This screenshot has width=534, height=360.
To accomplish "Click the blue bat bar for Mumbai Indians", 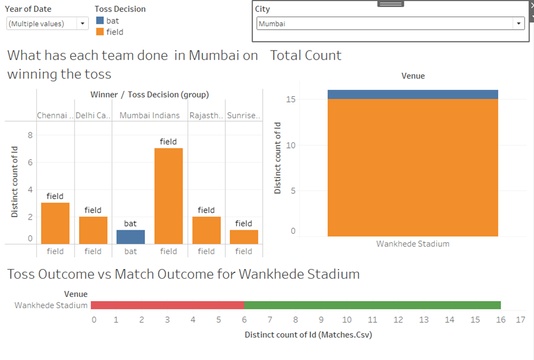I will tap(131, 237).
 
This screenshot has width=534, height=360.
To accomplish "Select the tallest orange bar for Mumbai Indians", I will tap(168, 196).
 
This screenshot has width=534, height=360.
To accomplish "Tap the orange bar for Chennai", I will tap(55, 223).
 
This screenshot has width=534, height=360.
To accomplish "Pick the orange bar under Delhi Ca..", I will tap(93, 230).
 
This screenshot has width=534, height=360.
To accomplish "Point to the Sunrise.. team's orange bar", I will tap(243, 237).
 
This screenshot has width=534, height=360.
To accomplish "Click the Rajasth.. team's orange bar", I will tap(206, 230).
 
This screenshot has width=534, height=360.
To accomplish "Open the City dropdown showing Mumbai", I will tap(518, 24).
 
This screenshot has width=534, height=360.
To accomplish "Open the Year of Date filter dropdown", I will tap(83, 23).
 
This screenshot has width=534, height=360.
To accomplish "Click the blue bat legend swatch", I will tap(100, 21).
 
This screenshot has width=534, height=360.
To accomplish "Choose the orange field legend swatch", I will tap(100, 32).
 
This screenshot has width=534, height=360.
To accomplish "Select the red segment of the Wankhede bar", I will tap(167, 305).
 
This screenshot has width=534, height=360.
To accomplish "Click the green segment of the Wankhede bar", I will tap(372, 305).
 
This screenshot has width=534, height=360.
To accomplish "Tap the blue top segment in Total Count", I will tap(412, 94).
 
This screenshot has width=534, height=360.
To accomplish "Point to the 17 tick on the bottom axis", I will tap(520, 320).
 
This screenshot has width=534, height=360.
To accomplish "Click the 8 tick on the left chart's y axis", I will tap(30, 135).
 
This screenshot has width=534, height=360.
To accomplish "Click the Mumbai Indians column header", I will tap(150, 115).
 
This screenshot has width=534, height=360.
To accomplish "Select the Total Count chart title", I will tap(305, 56).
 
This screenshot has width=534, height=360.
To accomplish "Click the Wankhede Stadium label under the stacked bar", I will tap(412, 244).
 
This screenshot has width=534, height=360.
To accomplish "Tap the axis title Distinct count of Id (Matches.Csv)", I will tap(308, 334).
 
